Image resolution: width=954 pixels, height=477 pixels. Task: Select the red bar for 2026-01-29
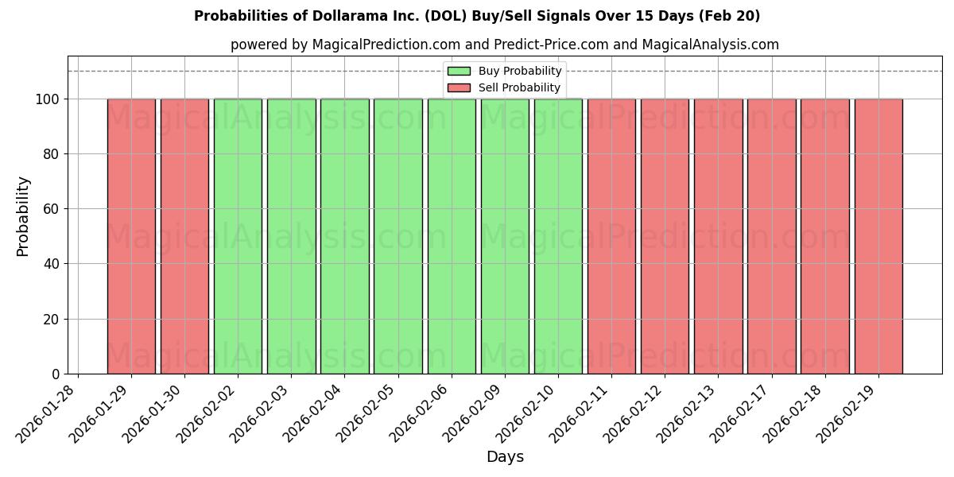131,236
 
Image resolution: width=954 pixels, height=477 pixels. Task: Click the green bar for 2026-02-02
238,236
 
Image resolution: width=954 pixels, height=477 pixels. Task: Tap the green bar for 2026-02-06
452,236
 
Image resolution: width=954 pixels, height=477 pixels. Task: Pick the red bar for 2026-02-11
611,236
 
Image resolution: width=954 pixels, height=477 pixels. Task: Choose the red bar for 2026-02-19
878,236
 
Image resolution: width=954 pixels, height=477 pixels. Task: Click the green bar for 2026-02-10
558,236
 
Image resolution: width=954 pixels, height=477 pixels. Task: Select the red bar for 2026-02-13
718,236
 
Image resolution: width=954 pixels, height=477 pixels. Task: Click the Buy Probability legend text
520,72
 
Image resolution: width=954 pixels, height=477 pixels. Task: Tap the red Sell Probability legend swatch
459,87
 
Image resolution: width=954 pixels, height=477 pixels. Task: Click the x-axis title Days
505,457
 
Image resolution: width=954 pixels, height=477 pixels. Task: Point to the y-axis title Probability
23,216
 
